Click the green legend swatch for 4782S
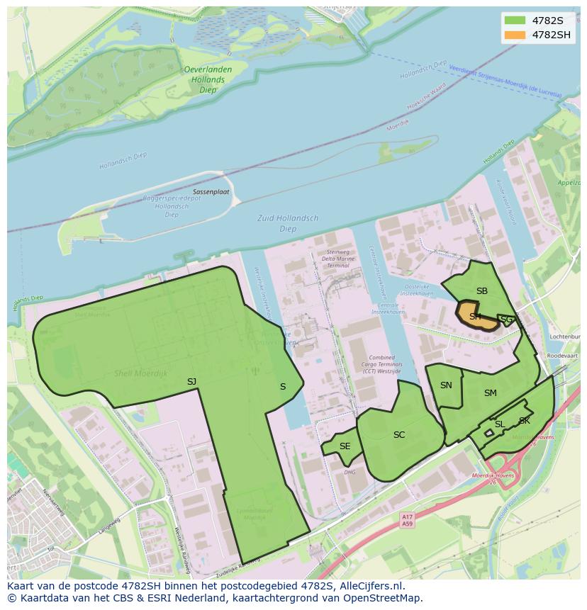515,20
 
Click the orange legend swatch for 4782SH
515,35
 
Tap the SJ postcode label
191,382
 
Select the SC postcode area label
399,434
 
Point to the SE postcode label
345,446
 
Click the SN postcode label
446,385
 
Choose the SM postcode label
491,393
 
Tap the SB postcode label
482,291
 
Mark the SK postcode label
525,421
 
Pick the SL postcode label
500,424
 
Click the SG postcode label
507,320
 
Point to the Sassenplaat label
211,192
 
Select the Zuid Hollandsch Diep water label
288,223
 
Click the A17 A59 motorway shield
406,521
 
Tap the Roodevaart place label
564,356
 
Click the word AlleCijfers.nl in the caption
371,586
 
